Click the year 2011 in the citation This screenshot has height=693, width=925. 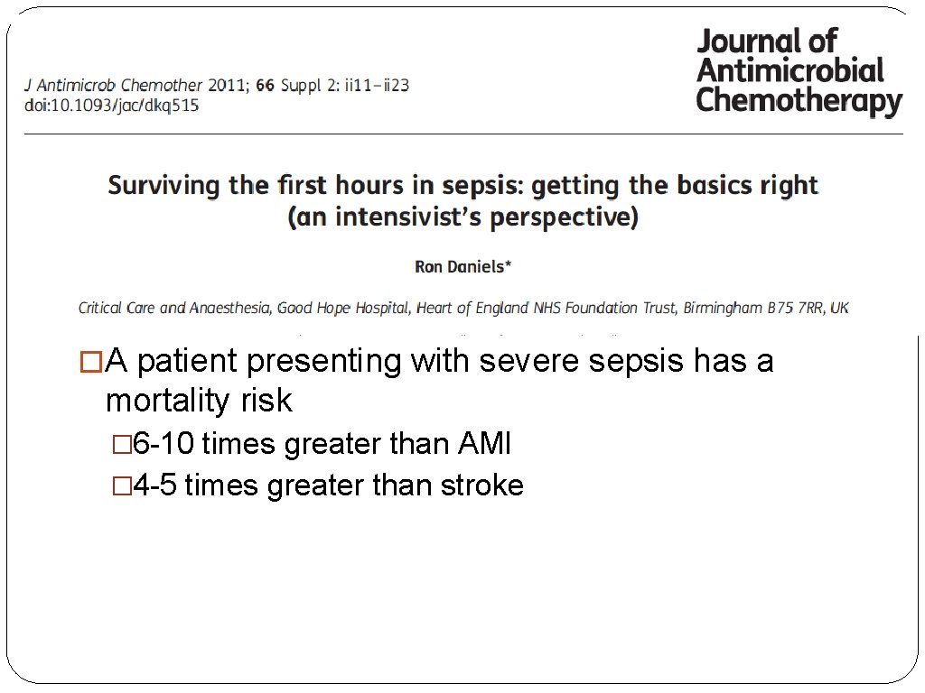point(227,86)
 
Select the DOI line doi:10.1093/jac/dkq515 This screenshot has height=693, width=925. point(111,106)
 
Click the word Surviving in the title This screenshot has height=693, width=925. point(164,186)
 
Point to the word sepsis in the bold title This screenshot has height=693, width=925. point(481,186)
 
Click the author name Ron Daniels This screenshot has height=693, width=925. point(462,266)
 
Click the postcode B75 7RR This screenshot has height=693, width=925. point(797,308)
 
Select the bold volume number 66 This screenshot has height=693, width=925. point(266,86)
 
